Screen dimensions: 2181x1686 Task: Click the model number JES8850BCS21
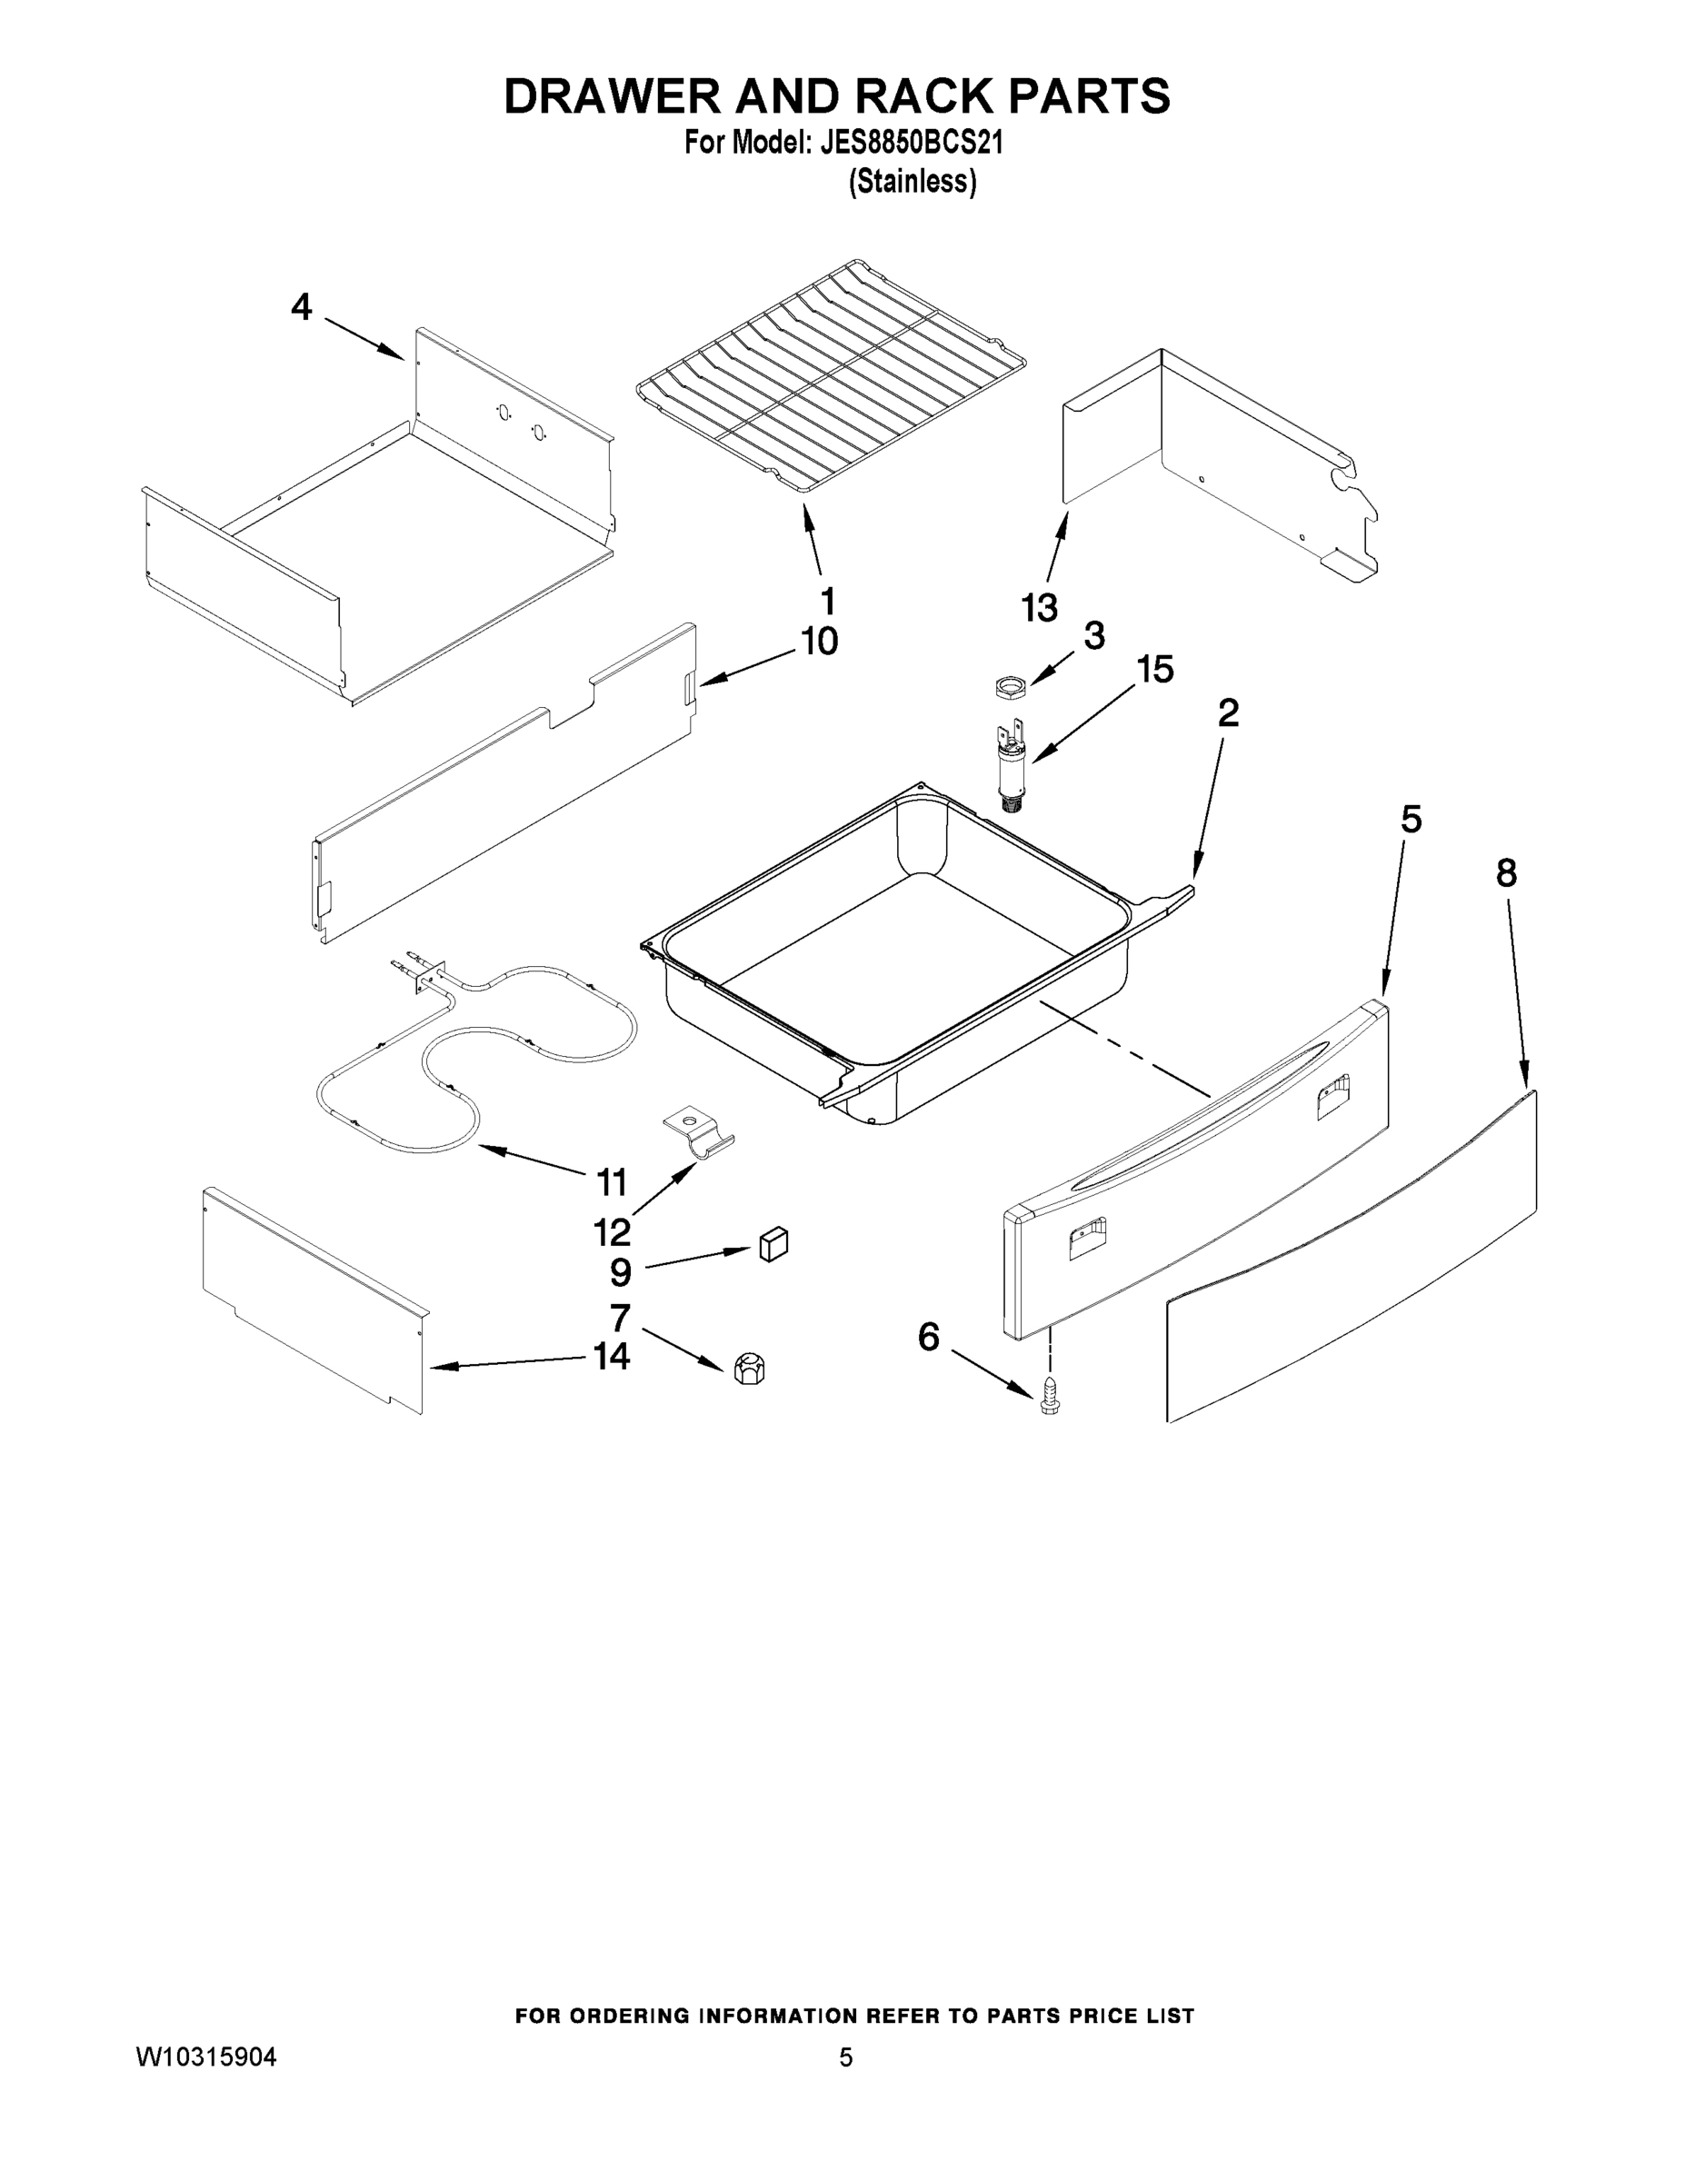pos(910,144)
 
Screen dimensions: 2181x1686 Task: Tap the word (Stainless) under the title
pos(912,182)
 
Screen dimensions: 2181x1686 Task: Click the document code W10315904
pos(205,2057)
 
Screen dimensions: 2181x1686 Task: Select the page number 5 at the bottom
pos(845,2057)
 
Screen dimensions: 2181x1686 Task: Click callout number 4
pos(302,306)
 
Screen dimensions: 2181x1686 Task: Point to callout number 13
pos(1040,606)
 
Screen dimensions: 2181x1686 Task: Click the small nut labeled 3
pos(1012,687)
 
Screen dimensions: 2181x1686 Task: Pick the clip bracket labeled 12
pos(698,1133)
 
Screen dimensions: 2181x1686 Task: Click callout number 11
pos(612,1182)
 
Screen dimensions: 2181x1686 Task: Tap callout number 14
pos(612,1356)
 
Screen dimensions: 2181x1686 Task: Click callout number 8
pos(1506,874)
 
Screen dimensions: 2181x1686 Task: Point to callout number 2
pos(1229,712)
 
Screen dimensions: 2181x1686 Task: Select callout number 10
pos(819,641)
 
